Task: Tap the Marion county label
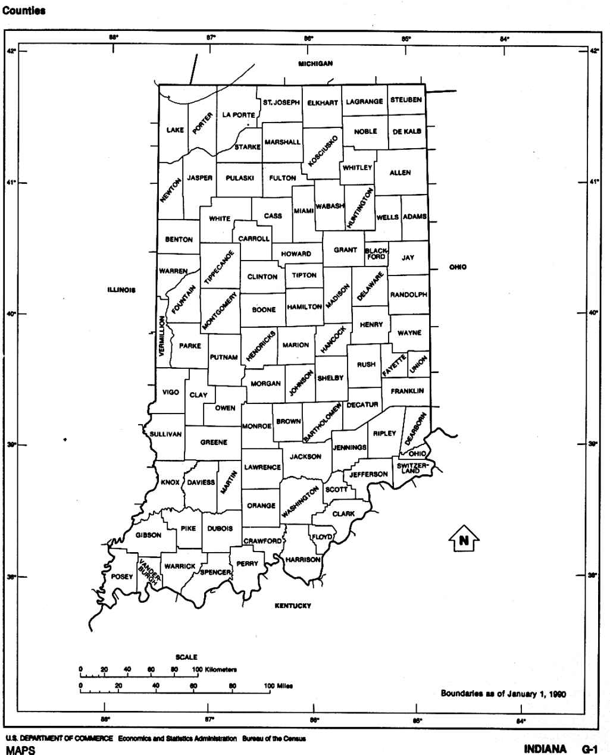pos(296,345)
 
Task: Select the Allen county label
pos(400,173)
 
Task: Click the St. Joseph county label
pos(281,102)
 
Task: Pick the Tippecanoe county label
pos(220,266)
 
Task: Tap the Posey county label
pos(122,577)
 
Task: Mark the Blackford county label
pos(376,254)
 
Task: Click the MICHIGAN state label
pos(315,64)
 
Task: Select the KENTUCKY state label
pos(293,606)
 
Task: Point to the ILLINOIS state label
pos(121,290)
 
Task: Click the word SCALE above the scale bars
pos(186,657)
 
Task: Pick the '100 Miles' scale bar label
pos(279,685)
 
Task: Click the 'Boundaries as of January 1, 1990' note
pos(503,693)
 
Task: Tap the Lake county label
pos(175,130)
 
